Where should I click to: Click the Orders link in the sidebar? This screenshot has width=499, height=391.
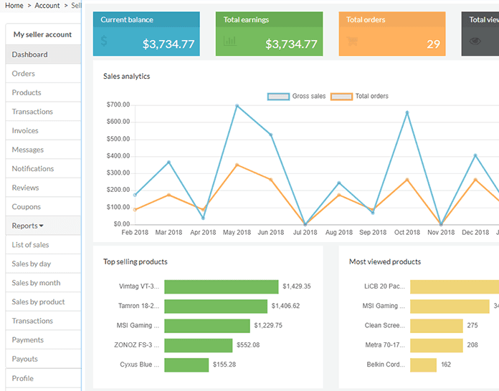(24, 74)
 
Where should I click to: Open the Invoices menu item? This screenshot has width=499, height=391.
(25, 131)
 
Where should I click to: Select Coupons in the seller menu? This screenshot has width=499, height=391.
(27, 207)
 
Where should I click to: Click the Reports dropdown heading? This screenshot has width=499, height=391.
(28, 226)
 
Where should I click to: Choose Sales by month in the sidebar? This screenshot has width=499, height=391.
(36, 283)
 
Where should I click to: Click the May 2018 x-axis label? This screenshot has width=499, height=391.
(237, 233)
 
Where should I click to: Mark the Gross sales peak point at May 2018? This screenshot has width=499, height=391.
(237, 106)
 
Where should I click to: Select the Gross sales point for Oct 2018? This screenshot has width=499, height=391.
(407, 112)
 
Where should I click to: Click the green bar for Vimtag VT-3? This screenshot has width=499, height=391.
(221, 286)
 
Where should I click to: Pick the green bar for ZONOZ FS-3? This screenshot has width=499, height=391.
(198, 345)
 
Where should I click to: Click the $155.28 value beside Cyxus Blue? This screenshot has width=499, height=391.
(225, 365)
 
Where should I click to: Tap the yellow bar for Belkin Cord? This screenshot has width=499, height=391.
(423, 365)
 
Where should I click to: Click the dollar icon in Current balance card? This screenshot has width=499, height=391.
(105, 42)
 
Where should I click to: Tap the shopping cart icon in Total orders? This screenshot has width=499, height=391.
(352, 42)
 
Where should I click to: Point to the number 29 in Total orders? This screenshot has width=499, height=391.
(433, 44)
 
